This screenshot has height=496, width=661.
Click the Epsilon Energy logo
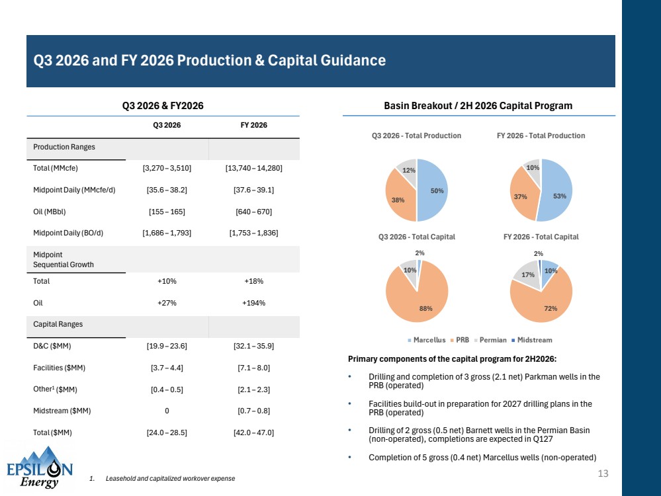(40, 468)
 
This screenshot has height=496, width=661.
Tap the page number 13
(603, 474)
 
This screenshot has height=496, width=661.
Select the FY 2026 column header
(254, 125)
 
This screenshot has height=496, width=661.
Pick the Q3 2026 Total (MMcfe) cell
(167, 168)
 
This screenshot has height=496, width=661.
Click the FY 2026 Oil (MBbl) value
(254, 212)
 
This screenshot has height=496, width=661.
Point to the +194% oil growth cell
(254, 303)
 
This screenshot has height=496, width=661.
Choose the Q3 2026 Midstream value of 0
(167, 411)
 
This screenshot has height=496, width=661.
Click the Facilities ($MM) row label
(59, 368)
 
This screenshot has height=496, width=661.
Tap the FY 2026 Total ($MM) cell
(254, 433)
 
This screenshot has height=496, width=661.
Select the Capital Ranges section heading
(58, 324)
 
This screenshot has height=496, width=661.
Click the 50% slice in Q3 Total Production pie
(432, 190)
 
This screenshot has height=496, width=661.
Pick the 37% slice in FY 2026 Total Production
(522, 194)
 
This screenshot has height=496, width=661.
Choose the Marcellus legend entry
(426, 340)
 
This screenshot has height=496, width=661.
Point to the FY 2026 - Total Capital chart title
(541, 237)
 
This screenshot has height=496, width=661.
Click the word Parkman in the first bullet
(541, 377)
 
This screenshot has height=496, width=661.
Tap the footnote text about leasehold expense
(170, 479)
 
